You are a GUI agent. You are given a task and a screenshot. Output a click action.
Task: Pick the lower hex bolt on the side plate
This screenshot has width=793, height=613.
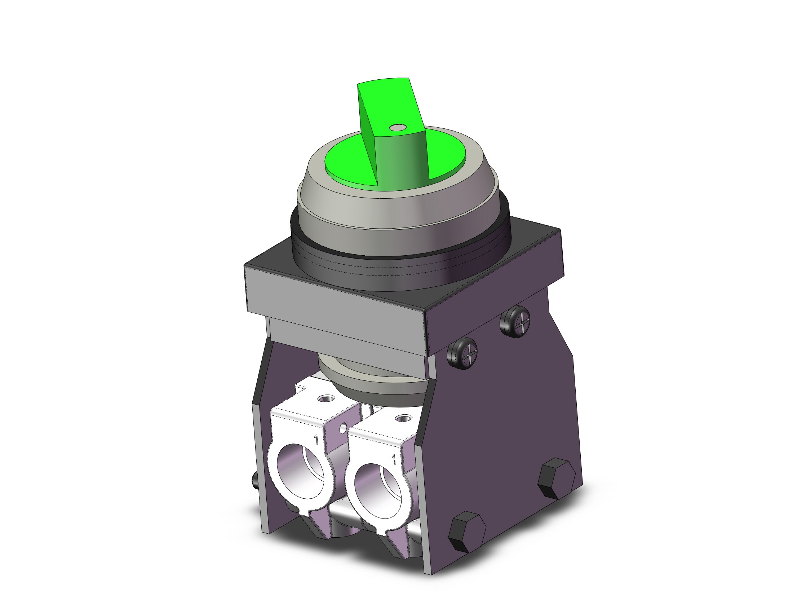467,532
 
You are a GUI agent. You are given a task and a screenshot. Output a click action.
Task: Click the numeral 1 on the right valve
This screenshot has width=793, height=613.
394,459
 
